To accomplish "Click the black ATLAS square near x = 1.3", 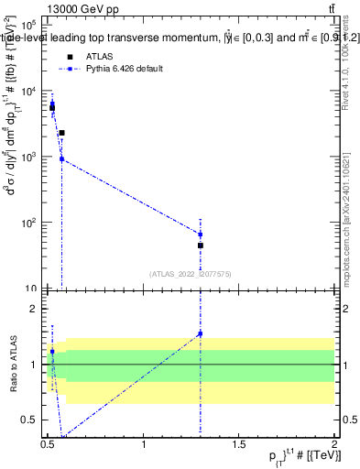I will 200,245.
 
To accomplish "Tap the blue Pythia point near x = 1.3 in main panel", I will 200,234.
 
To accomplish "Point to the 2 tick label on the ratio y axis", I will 34,310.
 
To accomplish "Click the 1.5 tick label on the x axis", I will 239,444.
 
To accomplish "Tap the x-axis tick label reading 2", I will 334,444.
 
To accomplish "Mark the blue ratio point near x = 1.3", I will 200,333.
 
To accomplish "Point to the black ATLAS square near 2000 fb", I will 61,133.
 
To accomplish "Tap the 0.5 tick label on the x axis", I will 48,444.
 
